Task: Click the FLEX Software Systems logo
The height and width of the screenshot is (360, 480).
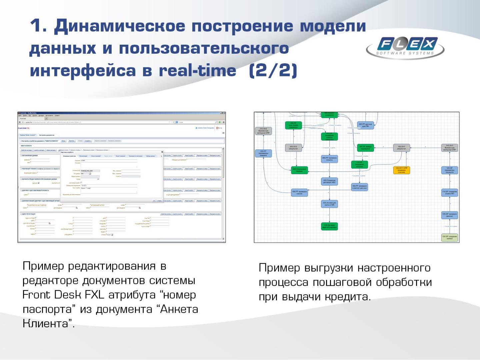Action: point(405,47)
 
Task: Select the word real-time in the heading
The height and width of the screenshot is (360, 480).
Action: point(197,71)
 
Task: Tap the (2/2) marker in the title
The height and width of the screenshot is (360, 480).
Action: point(273,71)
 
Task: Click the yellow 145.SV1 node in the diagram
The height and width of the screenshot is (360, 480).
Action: point(401,170)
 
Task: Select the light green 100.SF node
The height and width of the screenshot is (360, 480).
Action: point(449,237)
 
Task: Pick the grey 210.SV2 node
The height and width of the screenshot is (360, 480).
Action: point(263,131)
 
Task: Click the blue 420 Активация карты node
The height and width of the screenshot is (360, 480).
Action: point(329,204)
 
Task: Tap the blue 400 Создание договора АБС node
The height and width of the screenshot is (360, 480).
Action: point(329,181)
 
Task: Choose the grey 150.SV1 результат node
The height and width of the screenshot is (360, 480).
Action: point(401,148)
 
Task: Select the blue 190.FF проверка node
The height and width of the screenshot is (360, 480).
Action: point(299,192)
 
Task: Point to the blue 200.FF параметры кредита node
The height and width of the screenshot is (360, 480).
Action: point(263,153)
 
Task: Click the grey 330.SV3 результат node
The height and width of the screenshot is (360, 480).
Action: point(293,148)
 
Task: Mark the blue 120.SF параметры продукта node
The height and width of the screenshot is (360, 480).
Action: point(449,170)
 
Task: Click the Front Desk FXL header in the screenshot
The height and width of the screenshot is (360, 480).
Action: point(24,128)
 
